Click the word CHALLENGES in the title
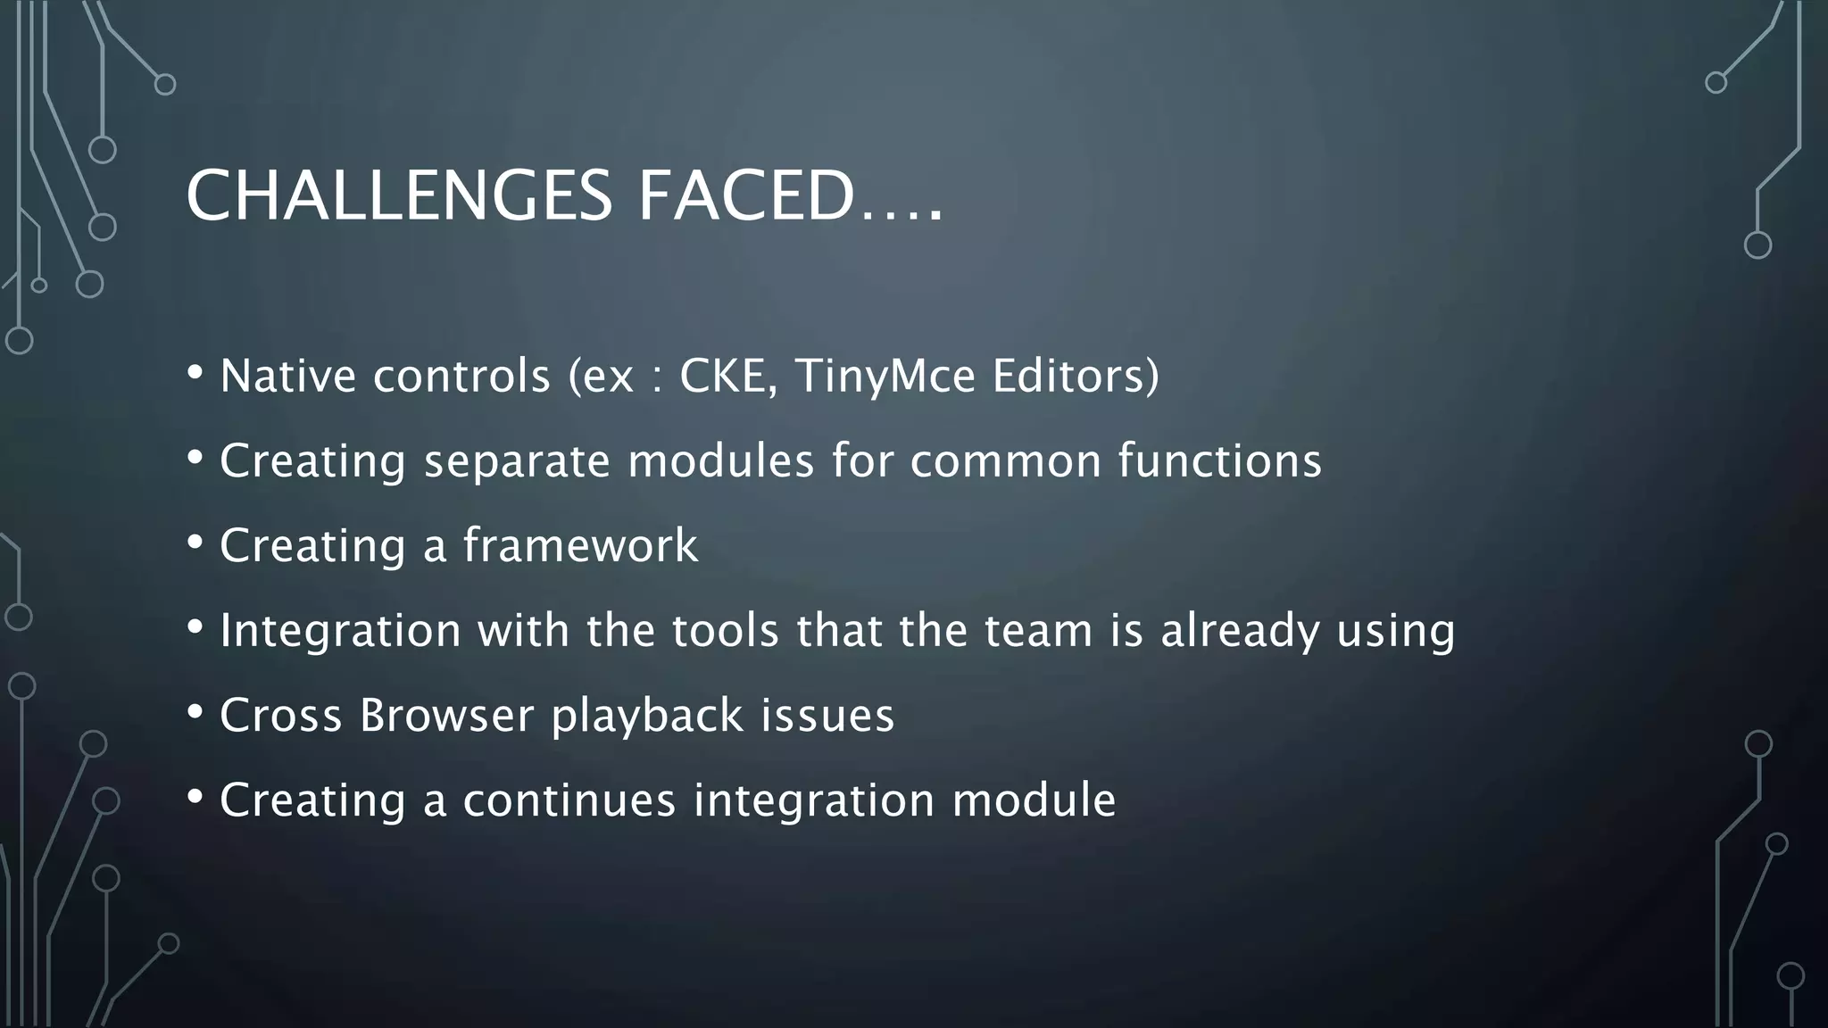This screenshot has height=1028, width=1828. click(x=399, y=195)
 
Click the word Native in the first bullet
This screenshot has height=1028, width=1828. click(x=287, y=376)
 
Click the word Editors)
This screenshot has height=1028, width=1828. click(x=1076, y=376)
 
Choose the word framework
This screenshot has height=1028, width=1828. click(x=580, y=545)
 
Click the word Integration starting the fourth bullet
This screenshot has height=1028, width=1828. click(x=340, y=631)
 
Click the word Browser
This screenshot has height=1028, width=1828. click(x=446, y=716)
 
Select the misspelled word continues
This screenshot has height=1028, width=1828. click(x=569, y=800)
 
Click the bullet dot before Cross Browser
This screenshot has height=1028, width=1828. click(x=195, y=712)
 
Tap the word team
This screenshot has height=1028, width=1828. click(x=1039, y=631)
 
